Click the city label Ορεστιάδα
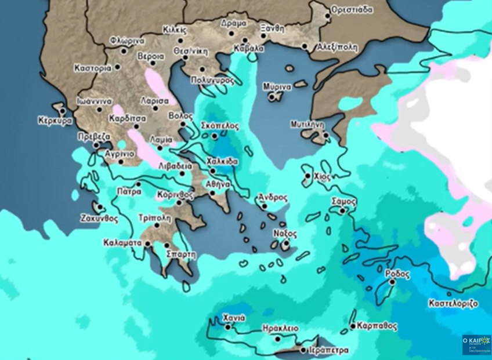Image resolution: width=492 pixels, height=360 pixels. pyautogui.click(x=352, y=10)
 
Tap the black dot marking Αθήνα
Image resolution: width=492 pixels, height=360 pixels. pyautogui.click(x=212, y=194)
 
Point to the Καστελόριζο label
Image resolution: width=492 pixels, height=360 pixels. pyautogui.click(x=453, y=303)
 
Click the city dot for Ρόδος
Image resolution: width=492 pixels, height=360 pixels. pyautogui.click(x=392, y=282)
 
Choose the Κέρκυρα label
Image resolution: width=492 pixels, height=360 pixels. pyautogui.click(x=55, y=121)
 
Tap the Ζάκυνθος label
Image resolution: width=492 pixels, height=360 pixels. pyautogui.click(x=99, y=219)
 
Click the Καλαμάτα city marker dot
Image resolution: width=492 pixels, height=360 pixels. pyautogui.click(x=148, y=243)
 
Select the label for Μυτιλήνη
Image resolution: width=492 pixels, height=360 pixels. pyautogui.click(x=307, y=124)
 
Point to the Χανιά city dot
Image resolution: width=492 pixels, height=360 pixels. pyautogui.click(x=228, y=327)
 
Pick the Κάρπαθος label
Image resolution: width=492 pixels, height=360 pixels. pyautogui.click(x=377, y=326)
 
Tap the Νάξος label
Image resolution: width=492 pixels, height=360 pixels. pyautogui.click(x=285, y=234)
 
